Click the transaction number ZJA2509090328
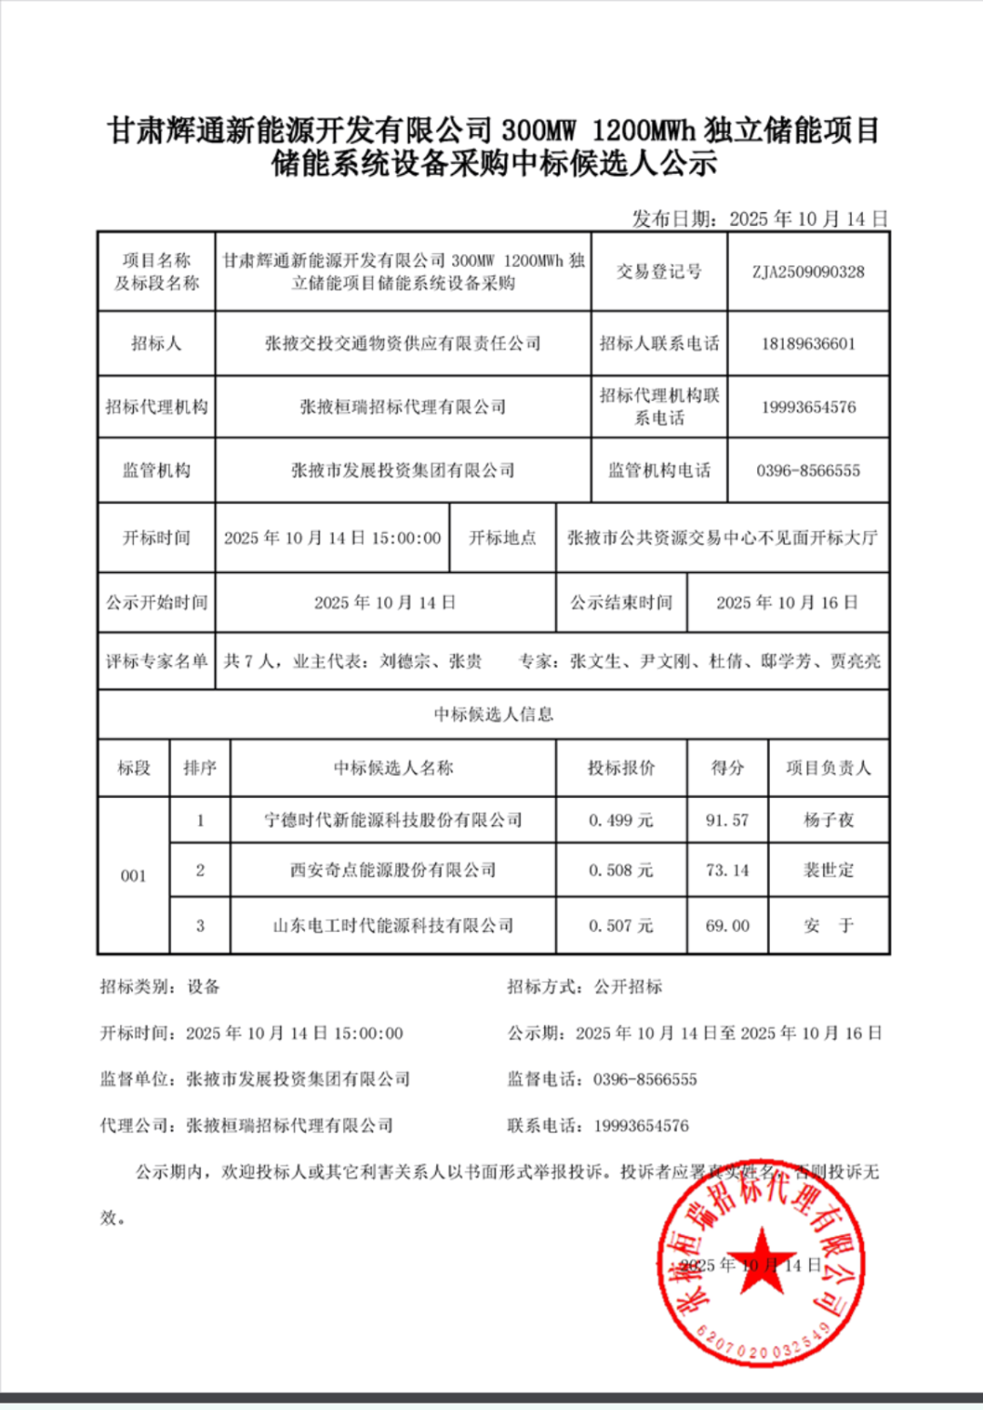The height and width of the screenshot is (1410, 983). tap(808, 271)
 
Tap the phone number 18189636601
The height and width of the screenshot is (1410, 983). tap(808, 343)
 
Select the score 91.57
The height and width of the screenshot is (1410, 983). tap(727, 821)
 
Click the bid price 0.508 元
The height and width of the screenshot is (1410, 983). tap(621, 871)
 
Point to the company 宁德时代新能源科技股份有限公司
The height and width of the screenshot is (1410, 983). tap(393, 821)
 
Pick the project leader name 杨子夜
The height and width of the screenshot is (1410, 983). tap(828, 821)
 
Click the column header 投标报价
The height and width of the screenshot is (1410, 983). tap(621, 768)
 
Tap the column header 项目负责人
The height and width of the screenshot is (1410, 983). tap(828, 768)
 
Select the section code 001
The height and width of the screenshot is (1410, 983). tap(134, 876)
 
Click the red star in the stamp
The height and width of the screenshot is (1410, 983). tap(762, 1262)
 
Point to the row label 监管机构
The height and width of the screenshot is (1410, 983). tap(157, 471)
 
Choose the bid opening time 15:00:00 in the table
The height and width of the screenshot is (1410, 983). tap(406, 538)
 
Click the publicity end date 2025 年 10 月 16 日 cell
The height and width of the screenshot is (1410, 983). tap(787, 603)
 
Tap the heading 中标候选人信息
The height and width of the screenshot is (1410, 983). tap(493, 714)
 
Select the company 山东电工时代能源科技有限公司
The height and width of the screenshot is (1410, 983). tap(393, 926)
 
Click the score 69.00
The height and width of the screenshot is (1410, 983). tap(727, 926)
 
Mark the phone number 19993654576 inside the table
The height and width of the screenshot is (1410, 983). tap(808, 407)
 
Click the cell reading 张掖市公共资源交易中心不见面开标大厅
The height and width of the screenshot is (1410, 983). tap(722, 538)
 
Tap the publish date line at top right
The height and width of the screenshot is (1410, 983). tap(760, 219)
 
